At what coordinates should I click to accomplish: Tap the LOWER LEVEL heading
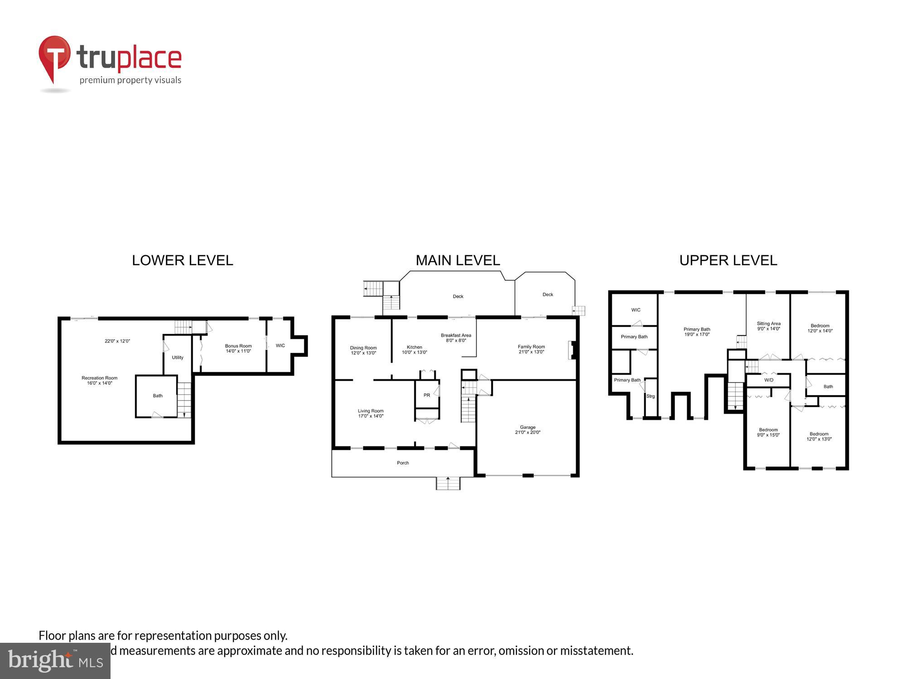[x=182, y=260]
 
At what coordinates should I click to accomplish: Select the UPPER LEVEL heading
[x=728, y=260]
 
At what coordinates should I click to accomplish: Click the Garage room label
[x=528, y=430]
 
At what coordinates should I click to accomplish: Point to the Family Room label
[x=531, y=349]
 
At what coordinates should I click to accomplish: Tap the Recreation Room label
[x=100, y=380]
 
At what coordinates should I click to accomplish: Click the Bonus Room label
[x=238, y=348]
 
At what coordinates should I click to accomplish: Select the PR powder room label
[x=427, y=395]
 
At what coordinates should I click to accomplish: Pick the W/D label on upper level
[x=769, y=380]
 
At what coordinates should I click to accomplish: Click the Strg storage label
[x=651, y=396]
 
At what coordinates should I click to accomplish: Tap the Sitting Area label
[x=769, y=326]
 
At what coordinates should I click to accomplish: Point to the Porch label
[x=403, y=463]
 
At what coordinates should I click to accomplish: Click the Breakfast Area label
[x=456, y=338]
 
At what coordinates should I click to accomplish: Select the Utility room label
[x=178, y=357]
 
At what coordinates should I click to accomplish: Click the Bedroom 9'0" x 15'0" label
[x=768, y=432]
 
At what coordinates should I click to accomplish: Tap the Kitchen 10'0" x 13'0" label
[x=414, y=349]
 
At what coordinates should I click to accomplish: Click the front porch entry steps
[x=448, y=483]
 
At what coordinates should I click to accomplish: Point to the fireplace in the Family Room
[x=572, y=350]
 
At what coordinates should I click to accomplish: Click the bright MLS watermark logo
[x=55, y=661]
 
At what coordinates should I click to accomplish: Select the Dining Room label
[x=363, y=350]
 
